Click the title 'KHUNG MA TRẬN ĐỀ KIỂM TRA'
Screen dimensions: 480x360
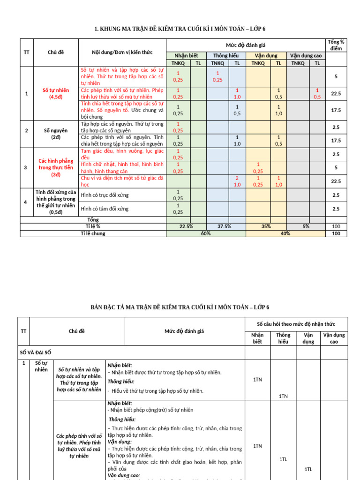click(180, 30)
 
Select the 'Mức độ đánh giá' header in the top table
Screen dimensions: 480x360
click(246, 45)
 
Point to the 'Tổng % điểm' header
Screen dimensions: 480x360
click(336, 45)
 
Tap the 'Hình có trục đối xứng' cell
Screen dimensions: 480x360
click(105, 195)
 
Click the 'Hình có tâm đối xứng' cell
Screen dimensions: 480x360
click(105, 209)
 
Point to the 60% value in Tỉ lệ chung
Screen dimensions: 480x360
click(205, 233)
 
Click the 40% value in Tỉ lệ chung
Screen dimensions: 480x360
click(285, 233)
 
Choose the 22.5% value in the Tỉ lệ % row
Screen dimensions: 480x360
click(186, 226)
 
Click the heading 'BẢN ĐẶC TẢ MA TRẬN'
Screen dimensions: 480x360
click(180, 307)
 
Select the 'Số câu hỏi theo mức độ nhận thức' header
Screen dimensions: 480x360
click(296, 324)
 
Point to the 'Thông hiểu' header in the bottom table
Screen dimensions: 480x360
click(283, 338)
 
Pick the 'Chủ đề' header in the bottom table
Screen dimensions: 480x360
click(76, 331)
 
